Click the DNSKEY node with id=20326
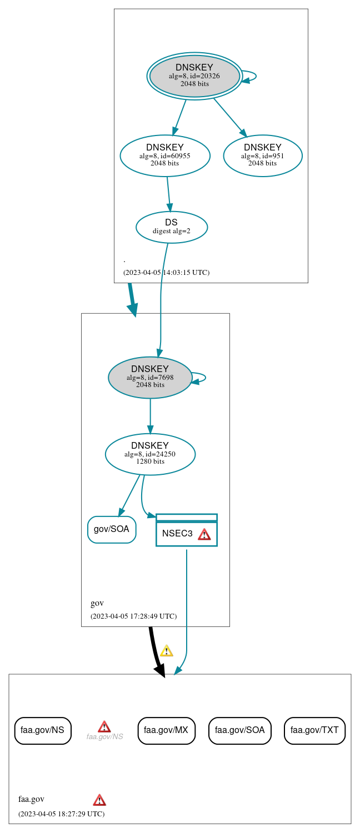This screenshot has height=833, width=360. pyautogui.click(x=194, y=76)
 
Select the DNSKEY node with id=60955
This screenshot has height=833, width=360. pyautogui.click(x=165, y=156)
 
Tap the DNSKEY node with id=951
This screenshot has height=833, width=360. pyautogui.click(x=263, y=156)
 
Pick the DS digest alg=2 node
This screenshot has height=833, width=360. pyautogui.click(x=172, y=227)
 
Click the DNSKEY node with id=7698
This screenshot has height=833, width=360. pyautogui.click(x=150, y=378)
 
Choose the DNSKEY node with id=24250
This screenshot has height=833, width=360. pyautogui.click(x=150, y=454)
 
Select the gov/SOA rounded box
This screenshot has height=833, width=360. pyautogui.click(x=112, y=529)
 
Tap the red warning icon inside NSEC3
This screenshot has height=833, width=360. pyautogui.click(x=204, y=534)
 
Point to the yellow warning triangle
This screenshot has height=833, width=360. pyautogui.click(x=166, y=651)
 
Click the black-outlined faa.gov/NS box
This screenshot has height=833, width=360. pyautogui.click(x=43, y=730)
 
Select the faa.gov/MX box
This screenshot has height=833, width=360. pyautogui.click(x=167, y=730)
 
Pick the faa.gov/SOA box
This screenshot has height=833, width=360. pyautogui.click(x=240, y=730)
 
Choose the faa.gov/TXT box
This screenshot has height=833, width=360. pyautogui.click(x=314, y=730)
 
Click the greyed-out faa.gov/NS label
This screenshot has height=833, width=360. pyautogui.click(x=104, y=736)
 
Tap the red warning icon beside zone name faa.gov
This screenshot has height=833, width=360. pyautogui.click(x=99, y=800)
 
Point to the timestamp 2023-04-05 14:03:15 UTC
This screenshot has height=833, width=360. pyautogui.click(x=166, y=273)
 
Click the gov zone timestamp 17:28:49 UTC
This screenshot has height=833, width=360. pyautogui.click(x=133, y=616)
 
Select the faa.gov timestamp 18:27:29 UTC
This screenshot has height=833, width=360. pyautogui.click(x=61, y=814)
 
